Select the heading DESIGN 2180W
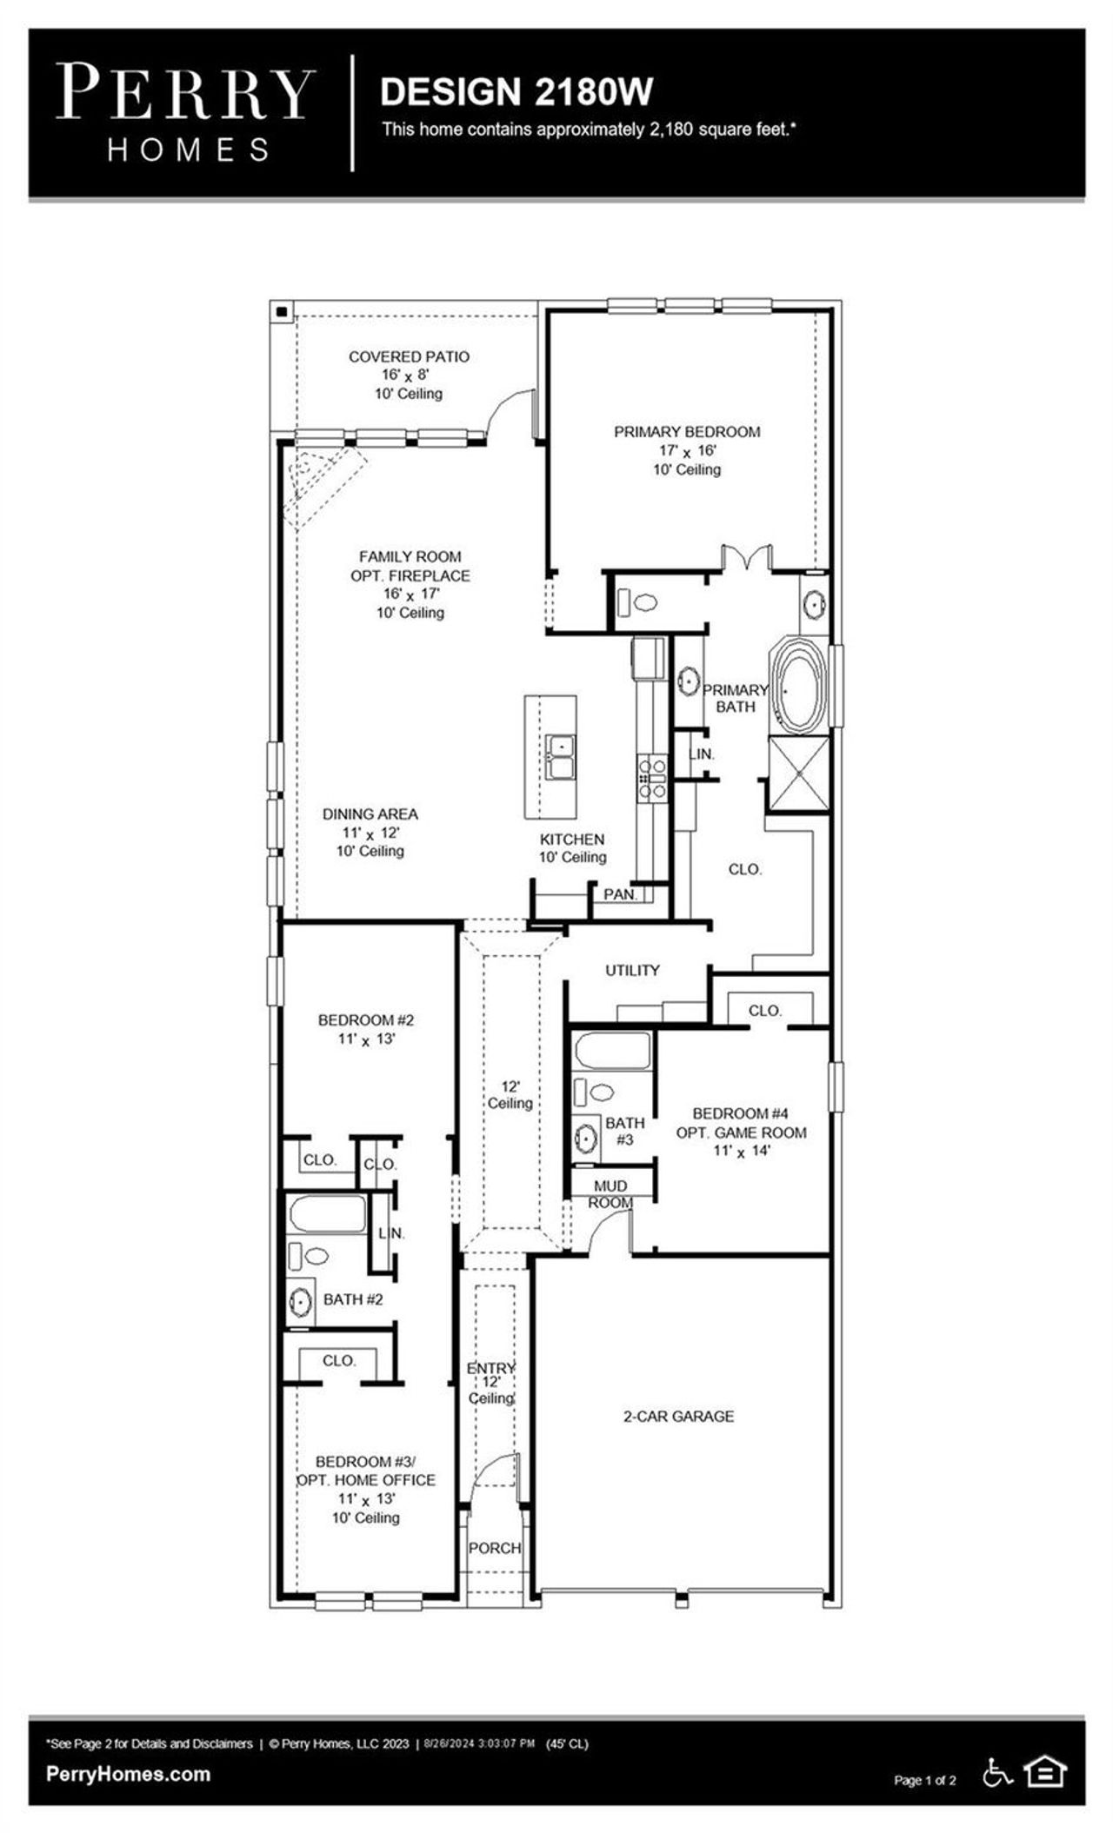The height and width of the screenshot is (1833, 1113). tap(517, 92)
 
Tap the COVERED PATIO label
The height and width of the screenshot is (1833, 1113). tap(409, 356)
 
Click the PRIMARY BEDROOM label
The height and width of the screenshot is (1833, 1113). tap(687, 432)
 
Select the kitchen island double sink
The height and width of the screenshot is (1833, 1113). tap(560, 758)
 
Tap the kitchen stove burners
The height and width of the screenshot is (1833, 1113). tap(652, 778)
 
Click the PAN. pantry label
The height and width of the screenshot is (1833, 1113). tap(621, 893)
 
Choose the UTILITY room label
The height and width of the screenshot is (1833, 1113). tap(632, 970)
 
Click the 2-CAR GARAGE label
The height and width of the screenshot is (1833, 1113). tap(678, 1416)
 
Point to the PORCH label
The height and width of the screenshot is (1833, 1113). tap(495, 1548)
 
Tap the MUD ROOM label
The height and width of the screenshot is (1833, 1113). tap(610, 1194)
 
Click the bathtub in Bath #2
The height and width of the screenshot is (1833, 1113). tap(328, 1214)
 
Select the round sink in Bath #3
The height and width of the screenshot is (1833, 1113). tap(586, 1137)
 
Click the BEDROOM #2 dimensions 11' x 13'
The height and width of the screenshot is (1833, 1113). tap(366, 1039)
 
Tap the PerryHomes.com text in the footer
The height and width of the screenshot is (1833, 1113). tap(128, 1773)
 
